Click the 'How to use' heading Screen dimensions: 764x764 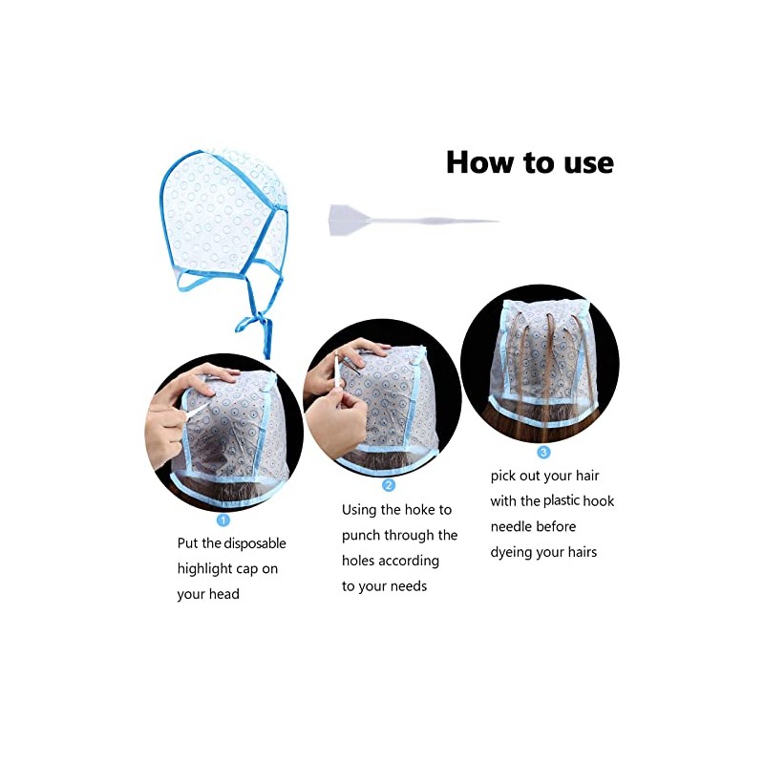pyautogui.click(x=529, y=162)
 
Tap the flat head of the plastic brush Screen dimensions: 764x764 pyautogui.click(x=346, y=219)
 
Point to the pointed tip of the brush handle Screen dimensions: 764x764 pyautogui.click(x=495, y=222)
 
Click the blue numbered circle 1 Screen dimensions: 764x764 pyautogui.click(x=223, y=520)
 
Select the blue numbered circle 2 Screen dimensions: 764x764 pyautogui.click(x=389, y=485)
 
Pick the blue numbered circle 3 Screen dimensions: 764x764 pyautogui.click(x=543, y=452)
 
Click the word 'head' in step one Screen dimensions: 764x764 pyautogui.click(x=223, y=594)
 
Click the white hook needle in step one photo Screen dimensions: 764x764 pyautogui.click(x=198, y=409)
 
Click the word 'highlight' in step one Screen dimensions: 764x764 pyautogui.click(x=206, y=569)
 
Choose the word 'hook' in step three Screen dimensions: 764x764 pyautogui.click(x=596, y=500)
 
